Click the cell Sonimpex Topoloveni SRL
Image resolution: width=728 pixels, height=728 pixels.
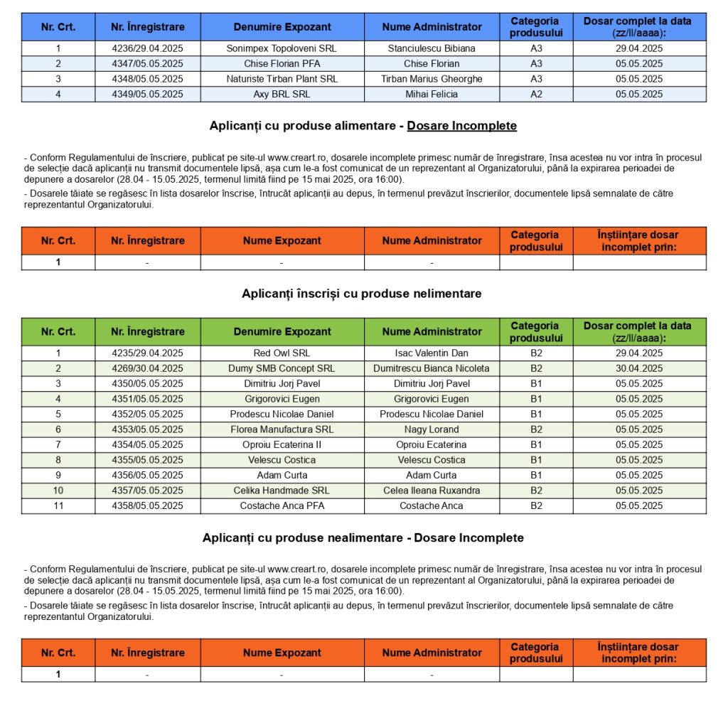[x=282, y=48]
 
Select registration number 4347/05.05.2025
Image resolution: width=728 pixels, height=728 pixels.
[x=147, y=63]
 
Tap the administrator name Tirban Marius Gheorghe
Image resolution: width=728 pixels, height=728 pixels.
[x=432, y=79]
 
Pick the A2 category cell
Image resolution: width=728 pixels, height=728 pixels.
[x=536, y=94]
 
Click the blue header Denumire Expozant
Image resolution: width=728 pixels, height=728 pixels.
[x=282, y=27]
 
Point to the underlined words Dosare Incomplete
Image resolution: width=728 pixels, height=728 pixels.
[x=461, y=126]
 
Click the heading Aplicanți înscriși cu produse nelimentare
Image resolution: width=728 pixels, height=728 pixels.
[x=362, y=294]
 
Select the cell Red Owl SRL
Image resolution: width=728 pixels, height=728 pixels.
[x=282, y=353]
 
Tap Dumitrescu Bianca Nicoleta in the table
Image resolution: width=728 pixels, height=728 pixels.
[x=432, y=368]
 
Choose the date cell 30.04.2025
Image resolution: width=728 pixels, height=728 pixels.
[x=639, y=368]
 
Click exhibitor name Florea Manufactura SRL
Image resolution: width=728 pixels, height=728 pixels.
[x=282, y=429]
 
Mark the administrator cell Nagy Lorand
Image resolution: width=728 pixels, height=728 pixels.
[x=432, y=429]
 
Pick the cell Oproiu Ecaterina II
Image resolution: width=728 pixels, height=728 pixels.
[x=282, y=445]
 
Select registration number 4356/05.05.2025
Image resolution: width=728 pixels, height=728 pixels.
[x=147, y=476]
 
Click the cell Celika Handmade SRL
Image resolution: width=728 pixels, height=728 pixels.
[x=282, y=491]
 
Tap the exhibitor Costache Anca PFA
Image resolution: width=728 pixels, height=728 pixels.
[x=282, y=506]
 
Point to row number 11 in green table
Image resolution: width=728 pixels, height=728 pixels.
[x=58, y=506]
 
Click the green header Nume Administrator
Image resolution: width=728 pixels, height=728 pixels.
[x=432, y=332]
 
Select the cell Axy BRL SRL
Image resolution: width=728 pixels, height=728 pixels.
[x=282, y=94]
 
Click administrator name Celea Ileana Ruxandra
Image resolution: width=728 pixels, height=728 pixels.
[x=432, y=491]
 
